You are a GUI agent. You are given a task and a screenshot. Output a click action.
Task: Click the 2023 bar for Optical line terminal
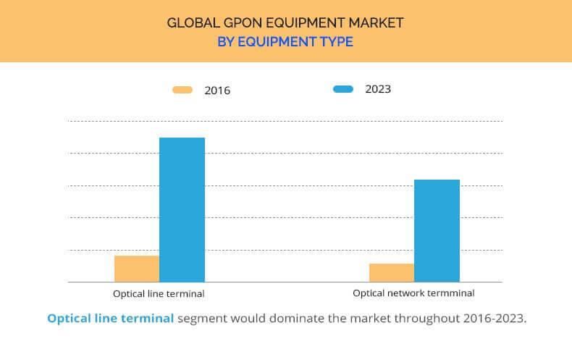pyautogui.click(x=182, y=209)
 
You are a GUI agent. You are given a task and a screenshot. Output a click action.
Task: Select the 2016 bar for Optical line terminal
pyautogui.click(x=137, y=269)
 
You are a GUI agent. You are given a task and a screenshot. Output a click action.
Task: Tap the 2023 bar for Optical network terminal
pyautogui.click(x=437, y=231)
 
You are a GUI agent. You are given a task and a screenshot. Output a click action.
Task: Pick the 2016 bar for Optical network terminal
pyautogui.click(x=392, y=273)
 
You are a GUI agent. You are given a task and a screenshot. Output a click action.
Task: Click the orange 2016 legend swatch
pyautogui.click(x=182, y=90)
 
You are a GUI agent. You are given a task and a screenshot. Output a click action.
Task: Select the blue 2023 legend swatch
pyautogui.click(x=343, y=88)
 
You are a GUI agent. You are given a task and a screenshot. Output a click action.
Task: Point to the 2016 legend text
pyautogui.click(x=217, y=91)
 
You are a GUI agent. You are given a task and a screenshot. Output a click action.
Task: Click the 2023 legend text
pyautogui.click(x=378, y=89)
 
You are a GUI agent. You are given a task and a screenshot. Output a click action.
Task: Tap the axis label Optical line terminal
pyautogui.click(x=159, y=293)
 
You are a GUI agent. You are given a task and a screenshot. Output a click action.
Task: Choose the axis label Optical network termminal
pyautogui.click(x=413, y=293)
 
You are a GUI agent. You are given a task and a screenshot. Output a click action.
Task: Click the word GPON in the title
pyautogui.click(x=243, y=23)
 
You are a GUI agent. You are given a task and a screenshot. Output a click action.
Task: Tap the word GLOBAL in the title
pyautogui.click(x=193, y=23)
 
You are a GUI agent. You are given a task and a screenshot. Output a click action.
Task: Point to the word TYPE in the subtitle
pyautogui.click(x=337, y=41)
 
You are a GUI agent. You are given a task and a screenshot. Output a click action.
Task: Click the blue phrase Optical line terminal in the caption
pyautogui.click(x=111, y=319)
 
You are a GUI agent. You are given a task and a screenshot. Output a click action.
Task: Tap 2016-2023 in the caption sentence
pyautogui.click(x=495, y=319)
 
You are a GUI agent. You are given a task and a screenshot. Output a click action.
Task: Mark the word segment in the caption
pyautogui.click(x=203, y=319)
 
